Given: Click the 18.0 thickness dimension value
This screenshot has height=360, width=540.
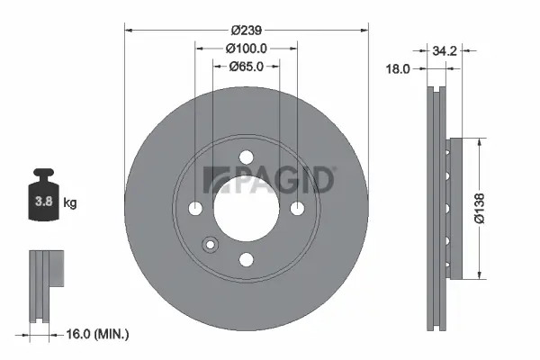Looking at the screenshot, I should (x=399, y=68).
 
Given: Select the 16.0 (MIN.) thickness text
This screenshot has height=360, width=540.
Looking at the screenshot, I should (x=98, y=334).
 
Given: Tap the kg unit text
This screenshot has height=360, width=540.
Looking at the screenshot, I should (x=70, y=203).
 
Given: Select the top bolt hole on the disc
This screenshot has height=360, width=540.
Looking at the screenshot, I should (x=247, y=158).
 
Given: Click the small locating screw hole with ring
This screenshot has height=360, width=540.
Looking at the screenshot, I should (x=211, y=244).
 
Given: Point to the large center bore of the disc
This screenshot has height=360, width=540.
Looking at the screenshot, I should (x=247, y=209).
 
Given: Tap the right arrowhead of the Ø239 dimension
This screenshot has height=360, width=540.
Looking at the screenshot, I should (x=366, y=30).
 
